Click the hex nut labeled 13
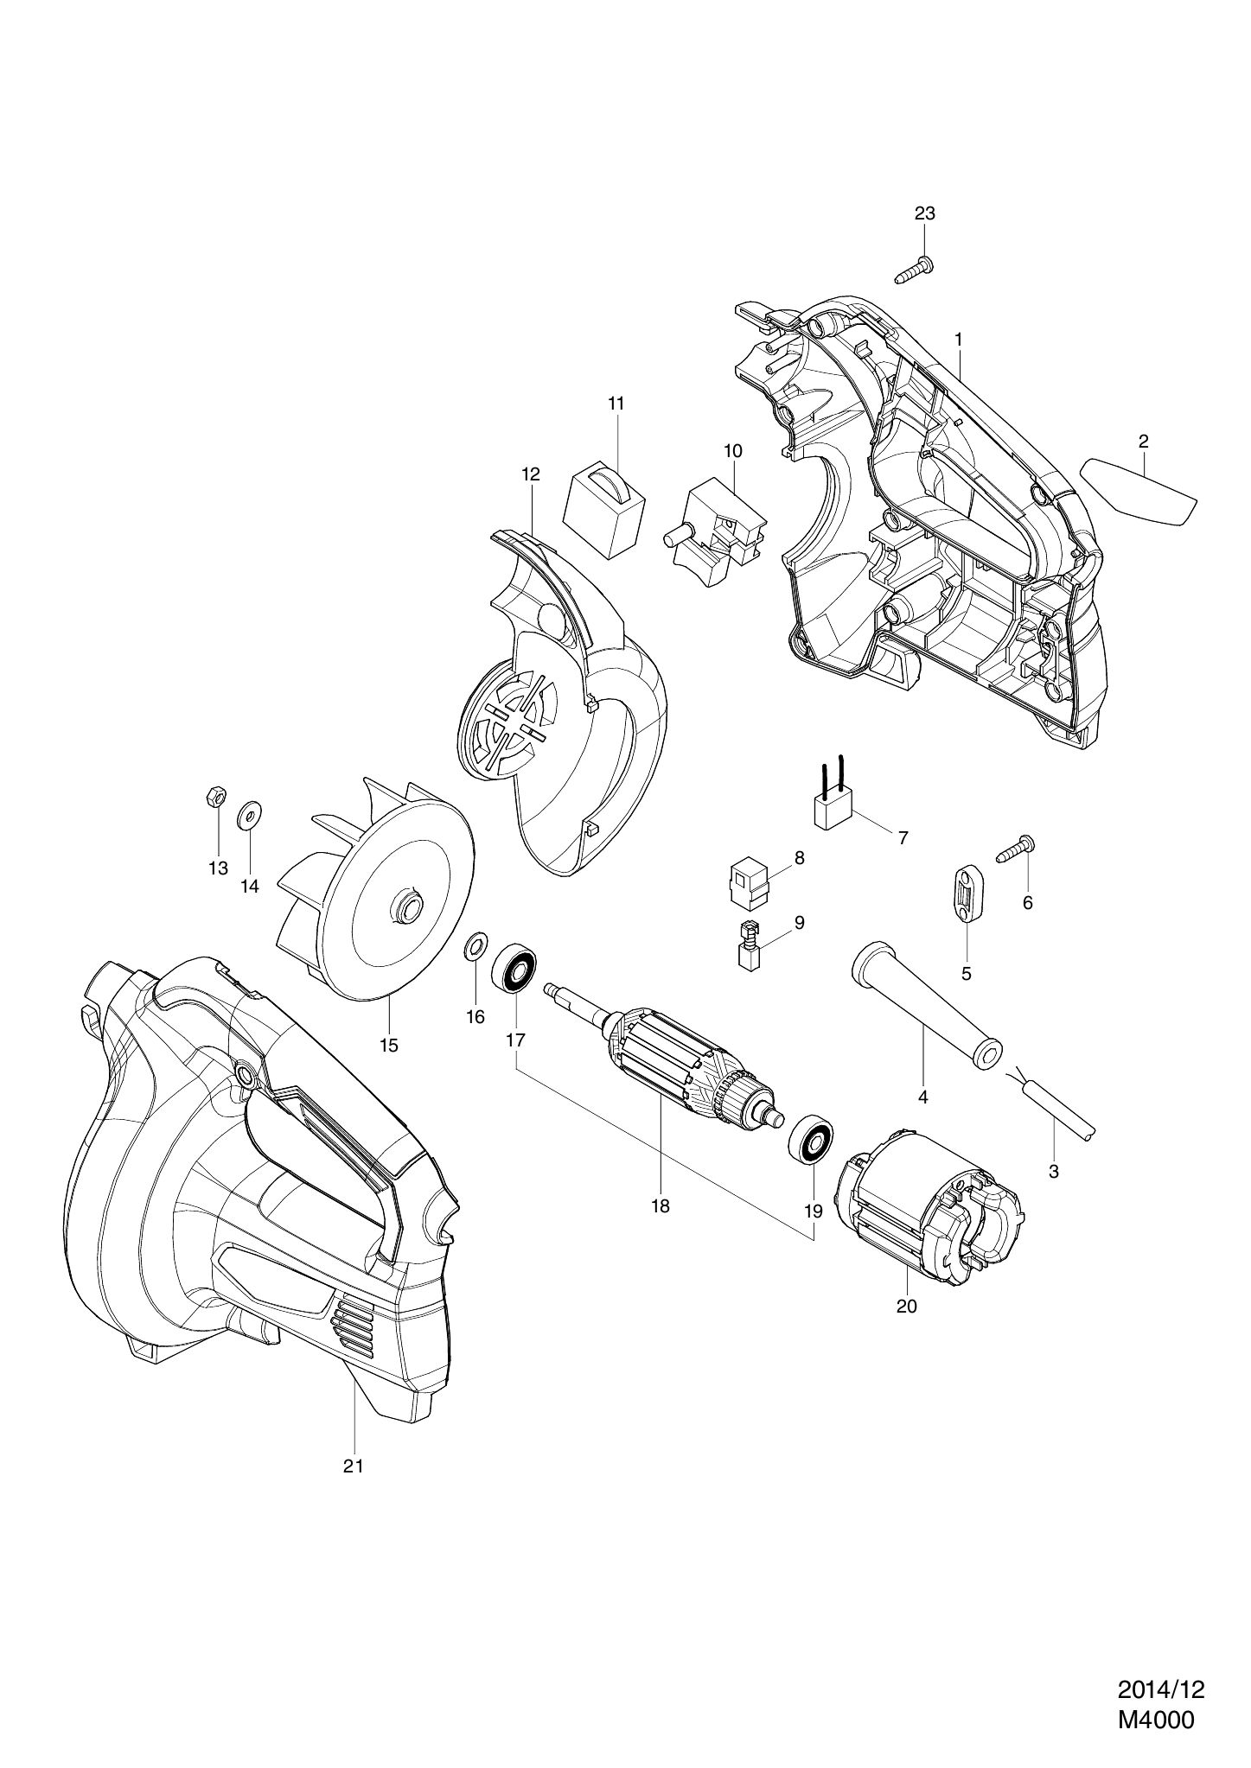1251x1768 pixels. pyautogui.click(x=218, y=797)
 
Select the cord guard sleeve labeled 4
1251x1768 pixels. pyautogui.click(x=922, y=1004)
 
